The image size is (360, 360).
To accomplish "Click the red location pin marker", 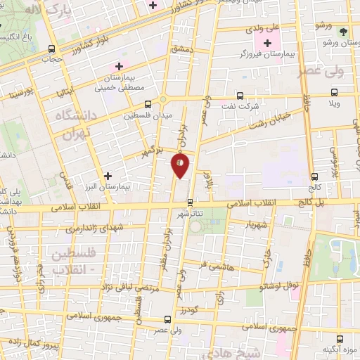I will [181, 165].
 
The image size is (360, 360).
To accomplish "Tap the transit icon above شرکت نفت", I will [240, 95].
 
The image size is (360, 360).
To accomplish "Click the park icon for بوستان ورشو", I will [342, 32].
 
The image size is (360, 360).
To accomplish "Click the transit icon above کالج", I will [314, 176].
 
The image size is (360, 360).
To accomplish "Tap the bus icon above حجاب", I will [51, 49].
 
